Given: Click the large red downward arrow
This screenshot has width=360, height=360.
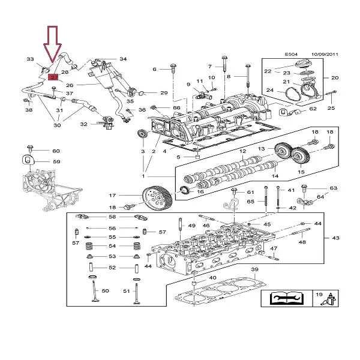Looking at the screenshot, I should pyautogui.click(x=52, y=44).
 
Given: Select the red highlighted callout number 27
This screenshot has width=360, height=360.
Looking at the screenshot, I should pyautogui.click(x=53, y=77).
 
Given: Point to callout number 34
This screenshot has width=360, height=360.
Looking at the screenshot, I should pyautogui.click(x=123, y=59).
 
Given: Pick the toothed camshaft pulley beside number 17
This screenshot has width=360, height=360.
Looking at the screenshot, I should pyautogui.click(x=158, y=196).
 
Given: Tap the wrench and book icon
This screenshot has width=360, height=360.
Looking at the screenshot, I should pyautogui.click(x=285, y=298).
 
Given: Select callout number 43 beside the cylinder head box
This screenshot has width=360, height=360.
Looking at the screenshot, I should pyautogui.click(x=335, y=238).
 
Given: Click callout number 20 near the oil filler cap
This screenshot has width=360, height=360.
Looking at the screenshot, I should pyautogui.click(x=335, y=77).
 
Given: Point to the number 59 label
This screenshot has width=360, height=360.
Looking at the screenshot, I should pyautogui.click(x=56, y=161).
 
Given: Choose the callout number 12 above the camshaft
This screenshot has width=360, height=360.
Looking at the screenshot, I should pyautogui.click(x=243, y=152).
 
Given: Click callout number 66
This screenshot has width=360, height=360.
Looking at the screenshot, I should pyautogui.click(x=176, y=107).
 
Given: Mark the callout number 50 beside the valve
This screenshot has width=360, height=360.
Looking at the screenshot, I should pyautogui.click(x=105, y=291).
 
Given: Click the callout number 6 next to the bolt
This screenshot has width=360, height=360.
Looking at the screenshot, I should pyautogui.click(x=154, y=70).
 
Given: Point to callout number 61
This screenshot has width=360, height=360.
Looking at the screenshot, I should pyautogui.click(x=251, y=192).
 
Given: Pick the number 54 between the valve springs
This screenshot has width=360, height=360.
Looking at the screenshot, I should pyautogui.click(x=112, y=246).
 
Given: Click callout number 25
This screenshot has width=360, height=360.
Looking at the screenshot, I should pyautogui.click(x=331, y=108).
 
